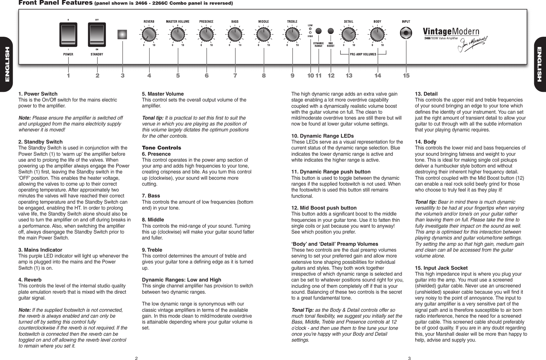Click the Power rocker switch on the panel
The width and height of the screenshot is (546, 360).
pos(68,34)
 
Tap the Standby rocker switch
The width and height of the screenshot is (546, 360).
pos(97,34)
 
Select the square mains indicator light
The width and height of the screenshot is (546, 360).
pos(122,34)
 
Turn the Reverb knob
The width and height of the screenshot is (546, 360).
pos(149,34)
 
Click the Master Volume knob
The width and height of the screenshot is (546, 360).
pos(178,34)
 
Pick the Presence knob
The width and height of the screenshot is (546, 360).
pos(206,34)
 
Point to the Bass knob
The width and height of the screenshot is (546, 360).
pos(235,34)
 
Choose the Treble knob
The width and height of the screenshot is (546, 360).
pos(292,34)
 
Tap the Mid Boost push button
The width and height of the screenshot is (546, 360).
pos(331,31)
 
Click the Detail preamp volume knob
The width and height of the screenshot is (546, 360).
pos(349,34)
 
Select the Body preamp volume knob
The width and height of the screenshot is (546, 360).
pos(377,34)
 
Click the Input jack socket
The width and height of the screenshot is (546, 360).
pos(406,33)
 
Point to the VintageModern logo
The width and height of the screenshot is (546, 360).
pos(451,31)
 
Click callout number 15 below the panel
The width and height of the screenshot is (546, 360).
pos(406,76)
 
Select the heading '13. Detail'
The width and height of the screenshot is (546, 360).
pos(426,94)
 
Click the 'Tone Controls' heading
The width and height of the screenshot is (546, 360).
pos(161,148)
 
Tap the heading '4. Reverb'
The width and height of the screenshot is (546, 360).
pos(30,280)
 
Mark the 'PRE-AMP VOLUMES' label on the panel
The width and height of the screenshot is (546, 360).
pos(363,54)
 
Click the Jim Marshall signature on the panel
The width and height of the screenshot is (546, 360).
pos(472,44)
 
